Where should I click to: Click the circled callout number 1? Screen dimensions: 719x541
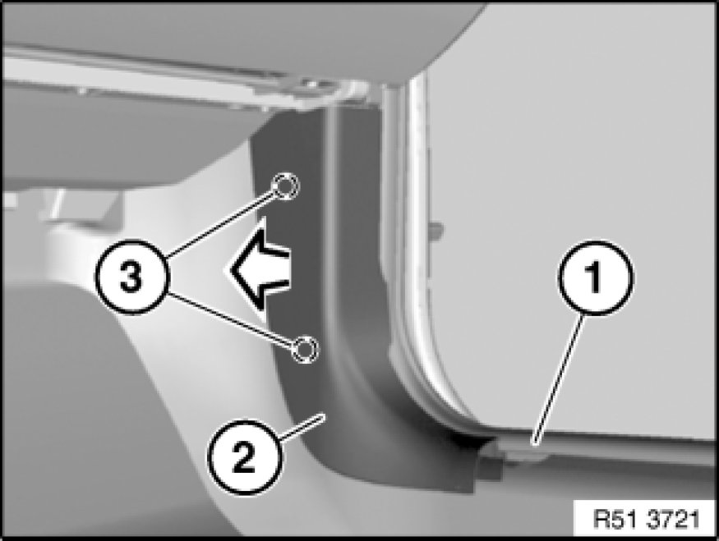click(596, 277)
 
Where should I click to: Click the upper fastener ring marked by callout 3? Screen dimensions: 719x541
click(286, 186)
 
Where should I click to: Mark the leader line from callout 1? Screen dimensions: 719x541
click(559, 378)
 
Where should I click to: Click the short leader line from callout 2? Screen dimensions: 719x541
click(302, 428)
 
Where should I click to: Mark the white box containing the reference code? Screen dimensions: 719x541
click(644, 519)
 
